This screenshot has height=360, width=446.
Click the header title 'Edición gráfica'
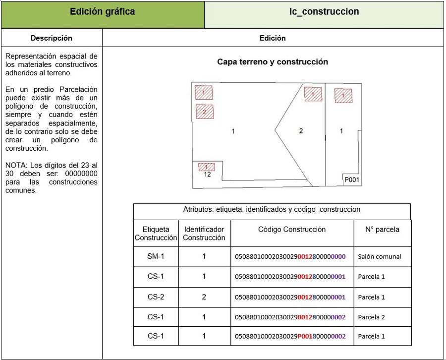pos(103,12)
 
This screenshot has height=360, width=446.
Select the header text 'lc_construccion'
pos(324,12)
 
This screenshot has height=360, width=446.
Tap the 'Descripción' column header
pos(52,38)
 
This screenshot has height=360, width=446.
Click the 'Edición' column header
pos(273,38)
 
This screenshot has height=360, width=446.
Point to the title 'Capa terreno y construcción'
pos(273,62)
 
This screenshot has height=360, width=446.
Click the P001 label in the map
pos(352,180)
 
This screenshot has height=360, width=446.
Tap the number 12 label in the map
pos(207,175)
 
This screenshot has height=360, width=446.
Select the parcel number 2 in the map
pos(301,131)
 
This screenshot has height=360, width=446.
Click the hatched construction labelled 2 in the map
pos(205,112)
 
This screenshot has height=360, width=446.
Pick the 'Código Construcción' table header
pos(292,230)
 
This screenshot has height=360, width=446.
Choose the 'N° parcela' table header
pos(382,230)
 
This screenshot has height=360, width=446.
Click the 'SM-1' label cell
pos(156,257)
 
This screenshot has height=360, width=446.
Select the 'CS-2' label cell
pos(156,297)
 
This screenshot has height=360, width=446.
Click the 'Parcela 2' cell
pos(371,317)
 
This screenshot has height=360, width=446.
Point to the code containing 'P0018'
pos(290,337)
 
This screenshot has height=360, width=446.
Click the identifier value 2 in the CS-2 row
pos(204,297)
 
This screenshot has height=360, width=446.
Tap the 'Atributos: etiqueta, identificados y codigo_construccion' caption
pos(272,210)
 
